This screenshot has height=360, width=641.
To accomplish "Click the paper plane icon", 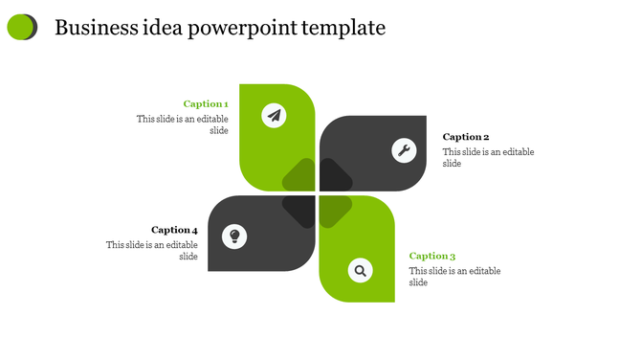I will pyautogui.click(x=275, y=116).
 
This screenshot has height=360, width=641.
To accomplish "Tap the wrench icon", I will pyautogui.click(x=404, y=149).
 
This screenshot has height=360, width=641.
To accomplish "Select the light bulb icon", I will pyautogui.click(x=234, y=236).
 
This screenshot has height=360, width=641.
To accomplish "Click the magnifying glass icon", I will pyautogui.click(x=360, y=271).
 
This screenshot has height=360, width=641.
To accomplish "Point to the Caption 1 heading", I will pyautogui.click(x=206, y=103).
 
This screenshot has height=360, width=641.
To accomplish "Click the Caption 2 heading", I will pyautogui.click(x=466, y=137).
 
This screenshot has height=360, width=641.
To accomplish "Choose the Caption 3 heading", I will pyautogui.click(x=432, y=256).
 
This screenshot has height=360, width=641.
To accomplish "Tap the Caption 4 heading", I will pyautogui.click(x=174, y=230).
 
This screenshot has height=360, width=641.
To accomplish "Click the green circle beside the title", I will pyautogui.click(x=20, y=28).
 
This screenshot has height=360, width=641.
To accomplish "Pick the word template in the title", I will pyautogui.click(x=343, y=28).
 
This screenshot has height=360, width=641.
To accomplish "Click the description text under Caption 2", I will pyautogui.click(x=488, y=158).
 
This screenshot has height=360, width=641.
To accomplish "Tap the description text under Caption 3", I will pyautogui.click(x=454, y=277).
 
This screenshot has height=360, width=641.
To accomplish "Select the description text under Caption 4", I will pyautogui.click(x=152, y=251).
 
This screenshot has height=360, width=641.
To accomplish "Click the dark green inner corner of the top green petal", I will pyautogui.click(x=299, y=175).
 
